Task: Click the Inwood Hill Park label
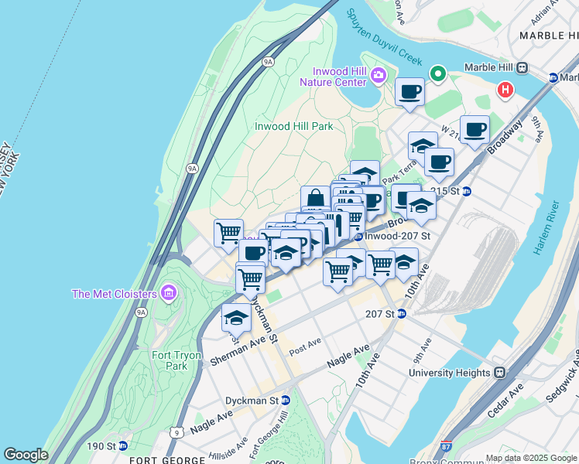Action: [293, 126]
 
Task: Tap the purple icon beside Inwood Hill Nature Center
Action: [379, 75]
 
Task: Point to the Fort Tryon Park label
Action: [176, 360]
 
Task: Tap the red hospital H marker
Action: [505, 90]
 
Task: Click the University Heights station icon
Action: [499, 372]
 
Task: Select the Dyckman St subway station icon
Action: [286, 401]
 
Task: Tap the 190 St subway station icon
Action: [123, 446]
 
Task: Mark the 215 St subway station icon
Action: [467, 191]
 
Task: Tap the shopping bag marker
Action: [316, 200]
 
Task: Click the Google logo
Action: [26, 455]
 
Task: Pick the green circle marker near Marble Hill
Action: [438, 75]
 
